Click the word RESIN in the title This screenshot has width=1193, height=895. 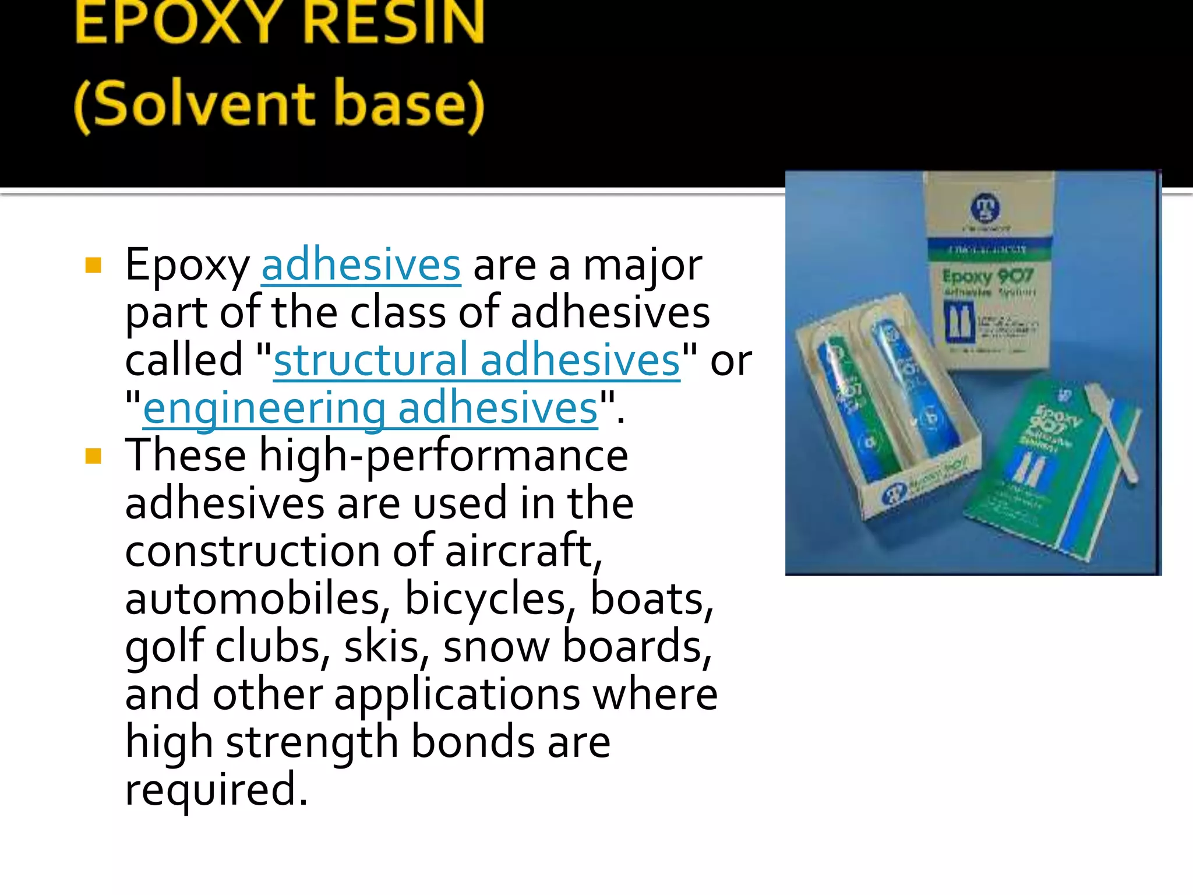(x=394, y=23)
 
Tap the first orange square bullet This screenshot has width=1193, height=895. (x=93, y=266)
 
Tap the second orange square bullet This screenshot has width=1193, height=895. (x=93, y=456)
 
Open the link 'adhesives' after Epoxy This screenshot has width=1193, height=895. (x=361, y=266)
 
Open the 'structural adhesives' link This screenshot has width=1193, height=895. (x=477, y=360)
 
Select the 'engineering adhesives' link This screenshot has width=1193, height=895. (x=370, y=408)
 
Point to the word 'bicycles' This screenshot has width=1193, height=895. (x=485, y=598)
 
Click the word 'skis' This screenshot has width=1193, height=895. (x=382, y=646)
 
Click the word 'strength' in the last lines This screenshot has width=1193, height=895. (x=312, y=742)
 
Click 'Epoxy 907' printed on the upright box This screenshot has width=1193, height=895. (x=988, y=276)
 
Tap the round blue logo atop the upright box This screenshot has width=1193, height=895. (x=985, y=207)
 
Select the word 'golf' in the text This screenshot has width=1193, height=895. (x=164, y=646)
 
